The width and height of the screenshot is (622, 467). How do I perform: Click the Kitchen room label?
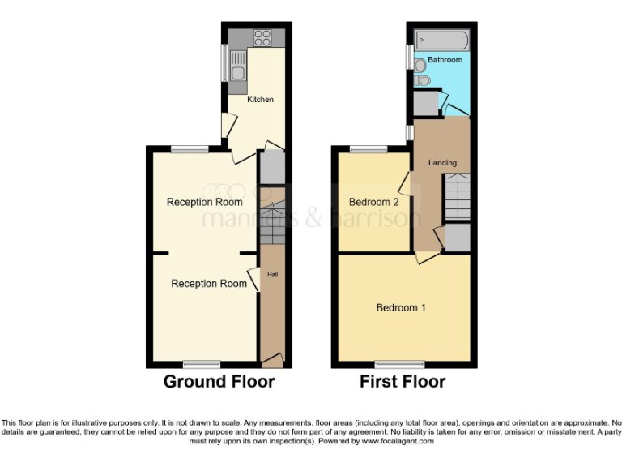260,100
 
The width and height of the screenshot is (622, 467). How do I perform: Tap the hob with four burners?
262,37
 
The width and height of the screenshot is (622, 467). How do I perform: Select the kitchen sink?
237,66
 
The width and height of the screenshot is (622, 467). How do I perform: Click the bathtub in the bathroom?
441,40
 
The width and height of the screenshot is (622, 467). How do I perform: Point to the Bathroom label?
445,60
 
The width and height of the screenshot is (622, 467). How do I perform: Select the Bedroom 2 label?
373,202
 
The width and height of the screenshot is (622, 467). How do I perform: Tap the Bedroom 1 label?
401,308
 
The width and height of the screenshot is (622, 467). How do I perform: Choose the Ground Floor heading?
219,381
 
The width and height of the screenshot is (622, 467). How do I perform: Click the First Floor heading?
403,381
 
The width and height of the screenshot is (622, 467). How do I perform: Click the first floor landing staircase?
456,198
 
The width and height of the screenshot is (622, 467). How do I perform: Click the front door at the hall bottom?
272,358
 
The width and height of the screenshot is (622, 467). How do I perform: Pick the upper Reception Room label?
205,202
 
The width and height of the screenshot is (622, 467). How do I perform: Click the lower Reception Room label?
209,284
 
